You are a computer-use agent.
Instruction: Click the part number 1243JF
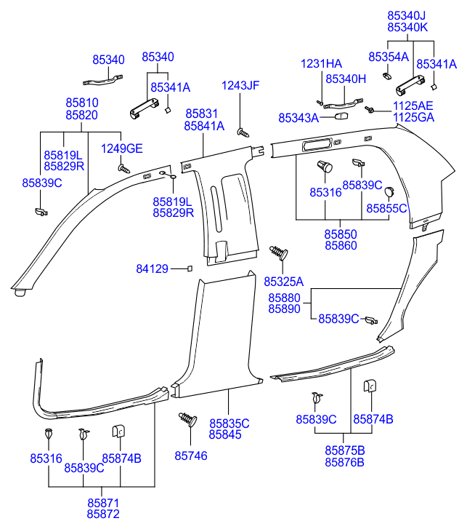240,85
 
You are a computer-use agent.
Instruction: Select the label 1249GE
121,148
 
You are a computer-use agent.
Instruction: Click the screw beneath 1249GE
123,168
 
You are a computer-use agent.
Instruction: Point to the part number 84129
152,269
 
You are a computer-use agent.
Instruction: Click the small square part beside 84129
189,269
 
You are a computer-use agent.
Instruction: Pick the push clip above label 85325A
279,253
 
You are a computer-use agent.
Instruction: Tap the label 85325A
283,281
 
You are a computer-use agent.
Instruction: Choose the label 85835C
229,423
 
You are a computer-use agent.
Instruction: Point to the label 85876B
344,462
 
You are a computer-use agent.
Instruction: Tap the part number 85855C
386,208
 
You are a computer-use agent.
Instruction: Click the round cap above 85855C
389,191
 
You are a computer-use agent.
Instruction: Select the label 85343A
299,117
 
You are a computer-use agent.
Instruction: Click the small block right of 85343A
341,115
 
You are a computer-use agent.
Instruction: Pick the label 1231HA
321,64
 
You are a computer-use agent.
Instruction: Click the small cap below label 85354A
388,74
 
